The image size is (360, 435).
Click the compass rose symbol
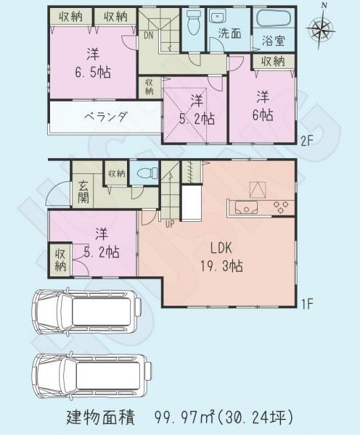point(322,29)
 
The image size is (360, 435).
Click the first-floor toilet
point(145,173)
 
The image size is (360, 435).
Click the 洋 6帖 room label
point(263,105)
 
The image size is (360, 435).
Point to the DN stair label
point(148,34)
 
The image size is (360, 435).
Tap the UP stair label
point(170,223)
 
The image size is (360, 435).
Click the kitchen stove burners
point(279,208)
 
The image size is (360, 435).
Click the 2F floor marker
point(307,142)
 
